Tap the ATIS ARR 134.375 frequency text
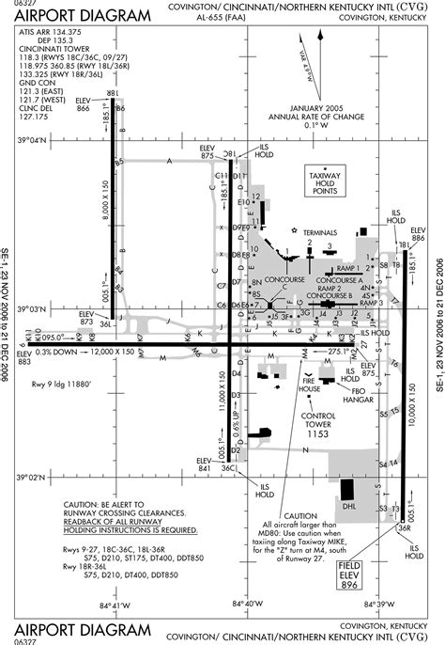[51, 32]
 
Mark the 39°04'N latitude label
[32, 140]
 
